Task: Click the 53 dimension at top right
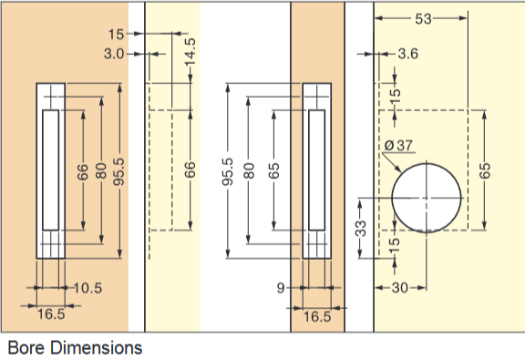(423, 18)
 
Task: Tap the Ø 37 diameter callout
(400, 145)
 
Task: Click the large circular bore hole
(426, 198)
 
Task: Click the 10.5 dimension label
(87, 288)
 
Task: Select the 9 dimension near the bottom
(281, 288)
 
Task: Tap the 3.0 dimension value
(116, 55)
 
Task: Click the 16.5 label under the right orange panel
(316, 315)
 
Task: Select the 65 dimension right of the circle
(485, 170)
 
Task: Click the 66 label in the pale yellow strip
(190, 170)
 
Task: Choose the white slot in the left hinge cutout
(49, 169)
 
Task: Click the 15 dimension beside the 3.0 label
(115, 34)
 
